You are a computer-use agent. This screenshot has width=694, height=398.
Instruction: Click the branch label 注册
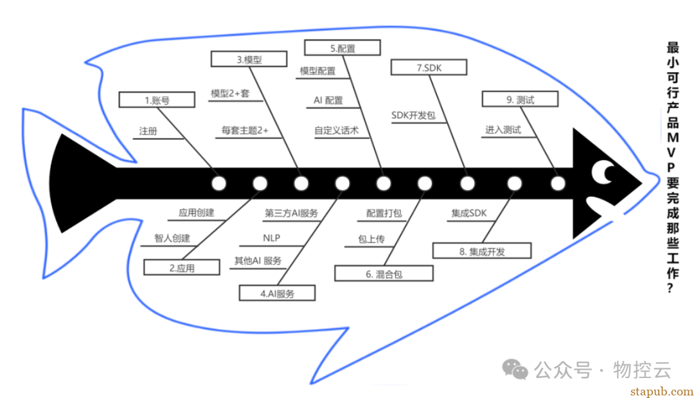coord(148,131)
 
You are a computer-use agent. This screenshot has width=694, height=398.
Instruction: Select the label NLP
coord(271,238)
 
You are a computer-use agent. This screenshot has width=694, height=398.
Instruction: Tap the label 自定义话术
coord(336,131)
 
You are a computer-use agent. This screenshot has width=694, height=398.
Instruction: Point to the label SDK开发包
coord(413,116)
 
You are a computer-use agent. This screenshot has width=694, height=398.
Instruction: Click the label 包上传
coord(371,239)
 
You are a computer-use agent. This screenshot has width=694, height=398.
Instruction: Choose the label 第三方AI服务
coord(291,213)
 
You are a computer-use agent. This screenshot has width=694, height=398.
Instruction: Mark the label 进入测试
coord(503,130)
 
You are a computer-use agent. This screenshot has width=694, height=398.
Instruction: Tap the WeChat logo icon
coord(515,369)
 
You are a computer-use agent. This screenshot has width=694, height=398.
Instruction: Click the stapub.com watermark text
coord(662,392)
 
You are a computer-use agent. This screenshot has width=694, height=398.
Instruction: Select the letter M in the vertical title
coord(673,137)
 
